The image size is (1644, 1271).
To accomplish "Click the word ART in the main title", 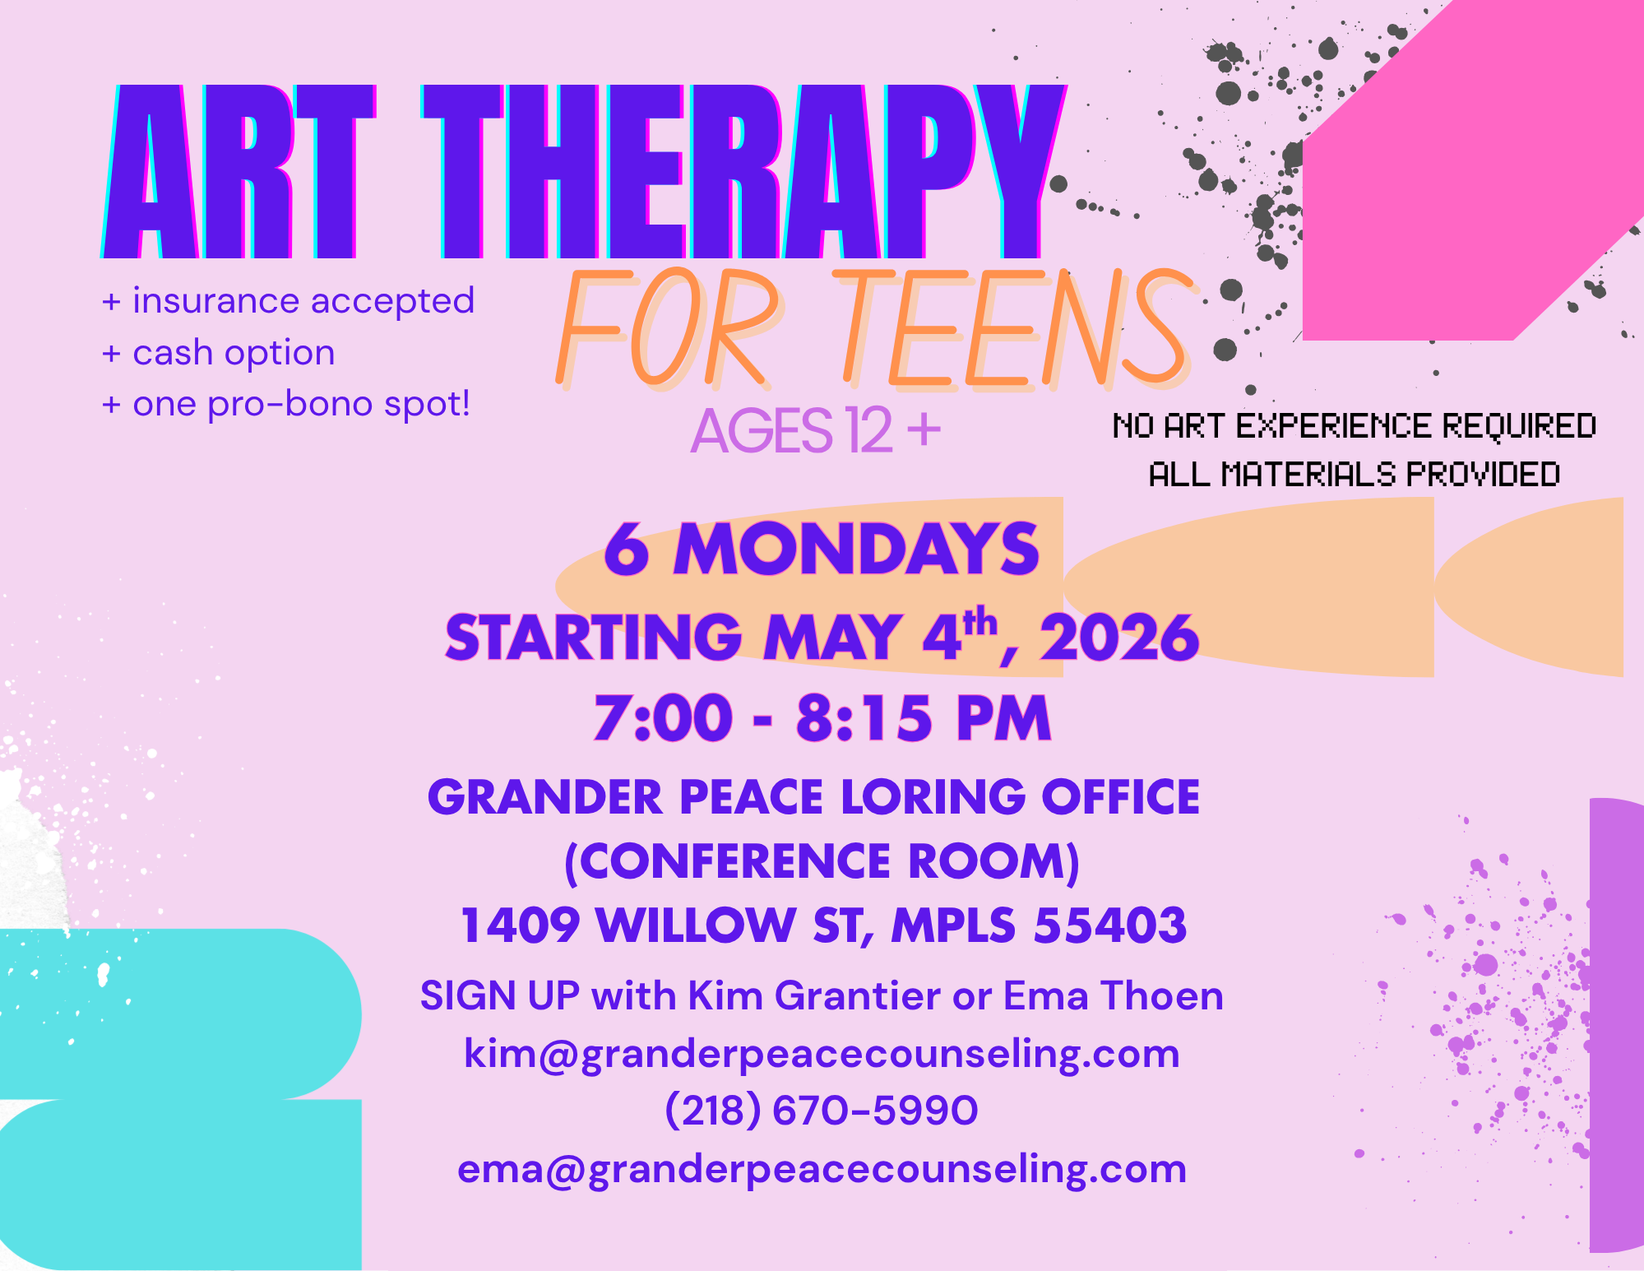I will [238, 173].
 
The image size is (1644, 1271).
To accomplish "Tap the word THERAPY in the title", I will [740, 173].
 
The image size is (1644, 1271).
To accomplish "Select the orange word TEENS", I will [1016, 329].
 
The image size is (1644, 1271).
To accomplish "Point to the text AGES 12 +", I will [815, 430].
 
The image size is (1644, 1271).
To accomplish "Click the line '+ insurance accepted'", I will [288, 301].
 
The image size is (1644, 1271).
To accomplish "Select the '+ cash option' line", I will [218, 353].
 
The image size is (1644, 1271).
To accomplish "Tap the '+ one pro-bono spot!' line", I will [286, 404].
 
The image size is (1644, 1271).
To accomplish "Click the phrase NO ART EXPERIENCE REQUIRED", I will [1354, 426].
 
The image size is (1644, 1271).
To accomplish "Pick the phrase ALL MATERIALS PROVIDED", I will [1354, 475].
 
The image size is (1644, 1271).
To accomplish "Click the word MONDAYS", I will [857, 550].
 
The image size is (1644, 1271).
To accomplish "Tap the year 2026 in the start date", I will [1119, 638].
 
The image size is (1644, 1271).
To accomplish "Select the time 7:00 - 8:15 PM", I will [822, 718].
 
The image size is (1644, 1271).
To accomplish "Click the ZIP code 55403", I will [1110, 925].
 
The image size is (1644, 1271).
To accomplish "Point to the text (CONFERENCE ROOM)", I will [822, 861].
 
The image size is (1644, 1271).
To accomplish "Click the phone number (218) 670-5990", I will [822, 1111].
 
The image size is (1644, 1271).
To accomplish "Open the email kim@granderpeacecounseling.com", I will [822, 1054].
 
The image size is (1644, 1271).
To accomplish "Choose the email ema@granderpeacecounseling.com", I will [822, 1169].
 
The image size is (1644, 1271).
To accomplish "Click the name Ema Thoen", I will [1114, 996].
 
